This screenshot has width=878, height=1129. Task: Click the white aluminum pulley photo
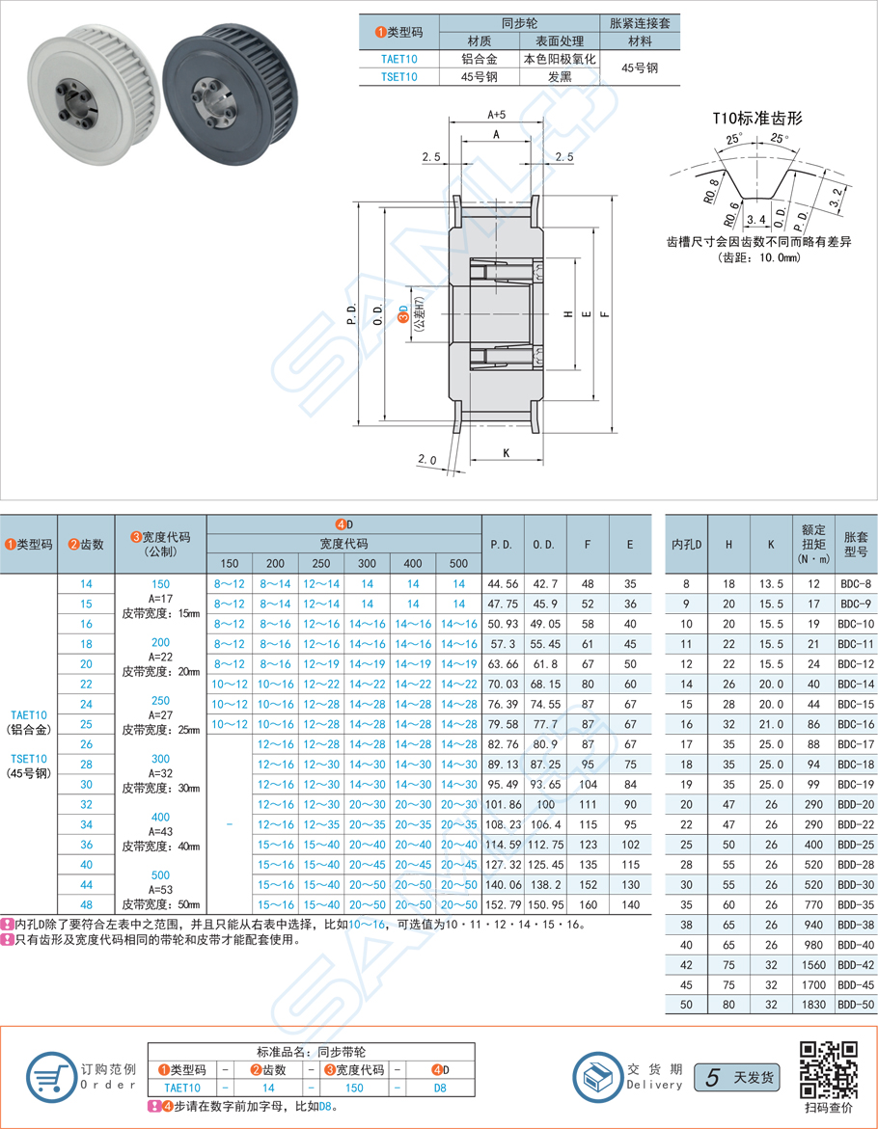87,88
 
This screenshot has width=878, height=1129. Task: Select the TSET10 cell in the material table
398,78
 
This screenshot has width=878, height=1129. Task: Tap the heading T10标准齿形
757,119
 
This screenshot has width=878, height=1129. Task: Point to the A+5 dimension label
497,115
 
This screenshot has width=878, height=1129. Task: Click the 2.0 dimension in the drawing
427,460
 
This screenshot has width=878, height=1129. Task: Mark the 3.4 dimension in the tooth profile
757,221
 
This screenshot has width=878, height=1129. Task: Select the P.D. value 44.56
503,584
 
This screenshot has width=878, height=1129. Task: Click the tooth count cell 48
87,904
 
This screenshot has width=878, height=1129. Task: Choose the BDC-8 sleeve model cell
855,584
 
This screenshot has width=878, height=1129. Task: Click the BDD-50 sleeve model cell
855,1004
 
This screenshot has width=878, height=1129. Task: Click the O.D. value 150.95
545,904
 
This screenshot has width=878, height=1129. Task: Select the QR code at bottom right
829,1069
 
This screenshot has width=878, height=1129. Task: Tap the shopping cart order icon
48,1076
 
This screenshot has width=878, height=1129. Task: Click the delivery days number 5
711,1078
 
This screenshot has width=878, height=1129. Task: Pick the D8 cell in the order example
439,1088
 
